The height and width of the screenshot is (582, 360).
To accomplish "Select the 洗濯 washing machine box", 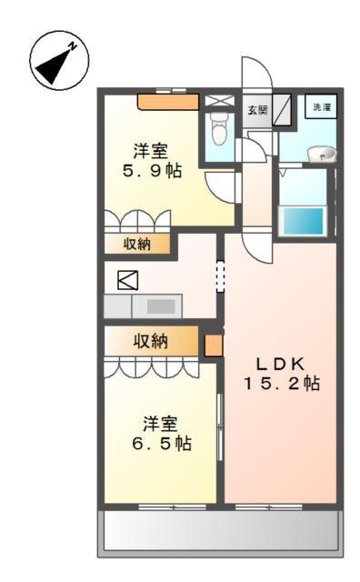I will pos(321,108).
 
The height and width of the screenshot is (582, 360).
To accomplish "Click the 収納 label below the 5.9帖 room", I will pos(137,244).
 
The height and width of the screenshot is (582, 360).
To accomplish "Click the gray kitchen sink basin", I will pos(161,306).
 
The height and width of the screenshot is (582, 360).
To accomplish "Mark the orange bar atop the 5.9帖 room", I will pos(167,101).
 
